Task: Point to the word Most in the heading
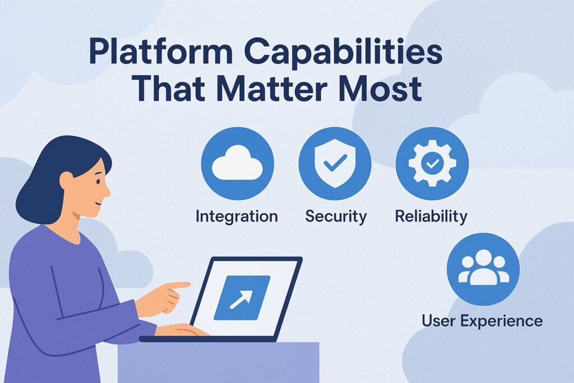(x=385, y=90)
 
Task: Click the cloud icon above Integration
(x=237, y=164)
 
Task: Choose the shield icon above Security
(x=335, y=164)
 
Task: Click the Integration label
(x=237, y=216)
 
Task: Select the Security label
(x=336, y=216)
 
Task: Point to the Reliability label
(x=431, y=216)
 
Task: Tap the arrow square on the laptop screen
(x=242, y=293)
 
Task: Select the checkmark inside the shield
(x=335, y=164)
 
